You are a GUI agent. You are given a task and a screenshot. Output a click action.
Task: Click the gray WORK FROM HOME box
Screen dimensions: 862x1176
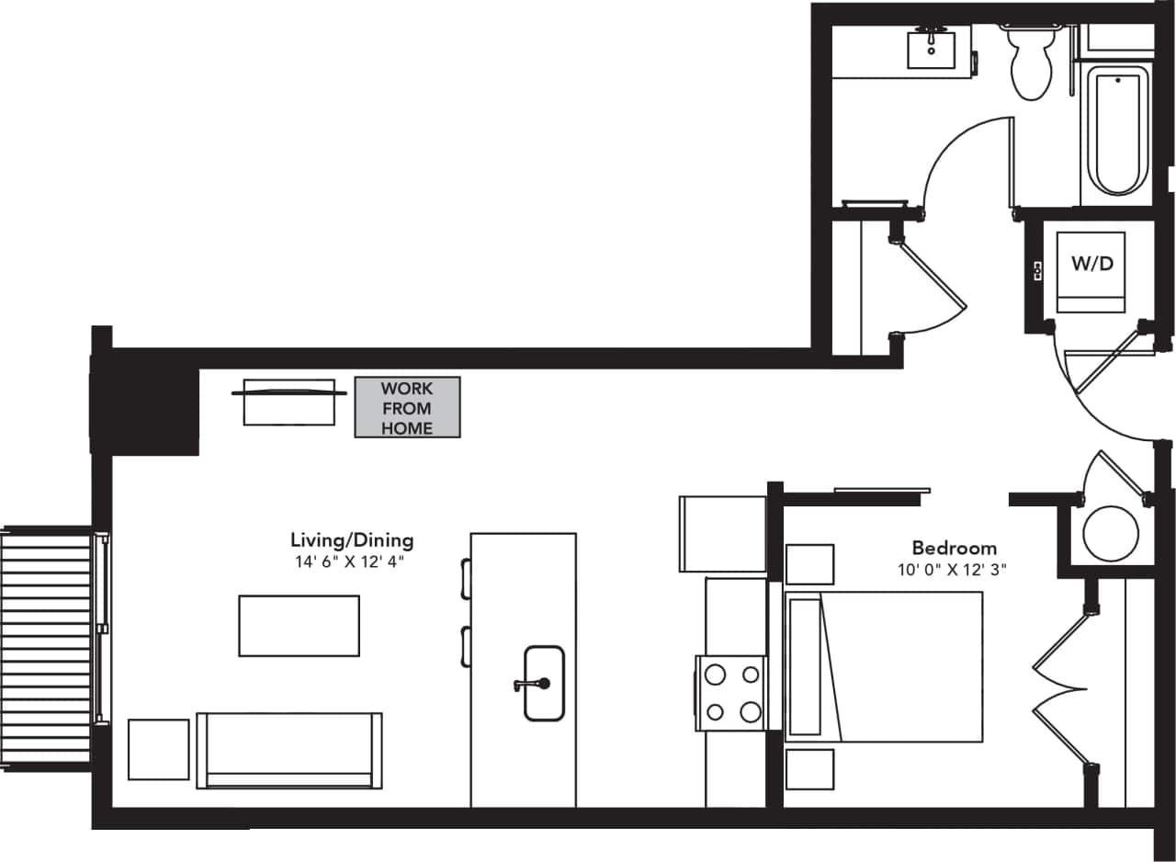tap(407, 407)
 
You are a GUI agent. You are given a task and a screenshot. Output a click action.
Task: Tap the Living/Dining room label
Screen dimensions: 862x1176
tap(352, 540)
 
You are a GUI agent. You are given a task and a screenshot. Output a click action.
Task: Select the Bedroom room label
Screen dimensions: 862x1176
tap(954, 549)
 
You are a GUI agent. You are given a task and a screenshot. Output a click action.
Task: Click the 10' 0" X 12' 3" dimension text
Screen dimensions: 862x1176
tap(952, 570)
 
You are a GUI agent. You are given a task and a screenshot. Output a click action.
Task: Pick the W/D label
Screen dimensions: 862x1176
tap(1091, 264)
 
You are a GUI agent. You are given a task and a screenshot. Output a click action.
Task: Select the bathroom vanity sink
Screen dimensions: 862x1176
tap(932, 49)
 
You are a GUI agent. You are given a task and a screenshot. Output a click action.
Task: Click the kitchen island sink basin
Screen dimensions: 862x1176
tap(544, 683)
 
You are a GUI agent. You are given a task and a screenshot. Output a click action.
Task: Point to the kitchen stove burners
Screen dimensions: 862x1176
tap(731, 693)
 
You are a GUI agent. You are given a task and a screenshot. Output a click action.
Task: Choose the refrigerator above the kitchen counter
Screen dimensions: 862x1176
tap(722, 534)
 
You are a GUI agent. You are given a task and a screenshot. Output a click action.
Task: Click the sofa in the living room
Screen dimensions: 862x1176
tap(289, 749)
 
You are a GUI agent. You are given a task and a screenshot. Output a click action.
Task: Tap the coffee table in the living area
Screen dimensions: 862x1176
tap(299, 626)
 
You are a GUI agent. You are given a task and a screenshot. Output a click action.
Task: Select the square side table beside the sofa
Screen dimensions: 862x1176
tap(158, 749)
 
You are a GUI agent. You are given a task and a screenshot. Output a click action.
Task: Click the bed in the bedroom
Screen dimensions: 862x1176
tap(884, 666)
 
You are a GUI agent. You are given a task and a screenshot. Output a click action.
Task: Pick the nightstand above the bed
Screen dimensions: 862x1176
tap(809, 564)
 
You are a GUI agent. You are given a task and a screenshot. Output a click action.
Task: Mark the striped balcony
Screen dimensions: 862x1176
tap(46, 648)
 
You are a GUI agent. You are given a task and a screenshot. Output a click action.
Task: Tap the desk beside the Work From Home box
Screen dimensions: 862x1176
tap(288, 402)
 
